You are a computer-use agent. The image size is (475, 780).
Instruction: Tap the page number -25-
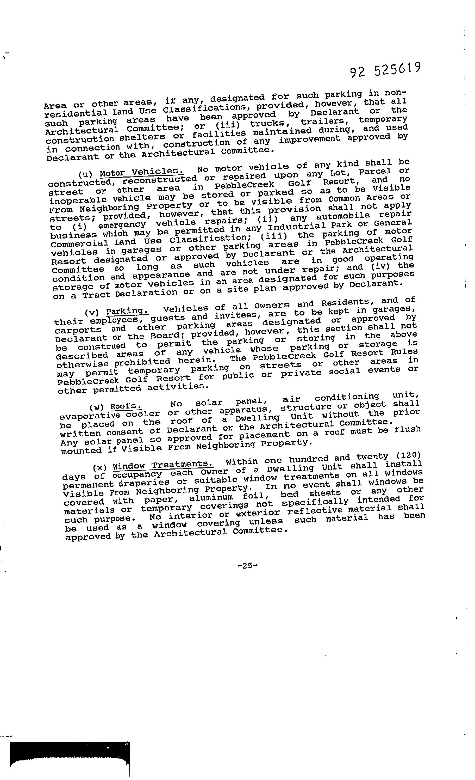tap(248, 565)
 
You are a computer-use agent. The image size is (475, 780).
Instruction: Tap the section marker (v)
tap(92, 312)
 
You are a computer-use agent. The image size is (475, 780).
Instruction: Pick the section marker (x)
tap(100, 467)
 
